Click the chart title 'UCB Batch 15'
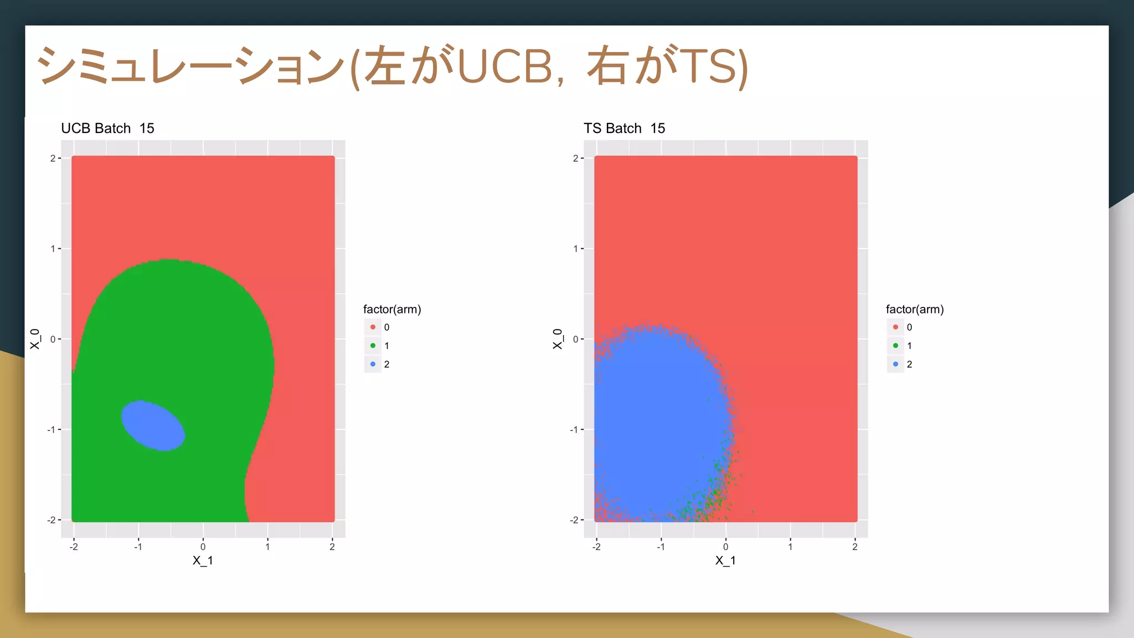click(107, 128)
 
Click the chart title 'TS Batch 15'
click(624, 128)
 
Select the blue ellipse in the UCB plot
click(153, 425)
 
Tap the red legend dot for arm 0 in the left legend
click(373, 327)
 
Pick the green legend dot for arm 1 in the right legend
click(895, 346)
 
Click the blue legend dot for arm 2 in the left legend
click(373, 364)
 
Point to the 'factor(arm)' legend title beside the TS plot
click(914, 310)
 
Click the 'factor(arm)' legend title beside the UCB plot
click(392, 310)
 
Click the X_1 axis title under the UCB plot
click(203, 560)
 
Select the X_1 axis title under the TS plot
click(725, 560)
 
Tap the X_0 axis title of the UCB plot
click(35, 339)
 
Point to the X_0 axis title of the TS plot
click(558, 339)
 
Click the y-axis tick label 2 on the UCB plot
click(53, 158)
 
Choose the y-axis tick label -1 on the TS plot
click(574, 430)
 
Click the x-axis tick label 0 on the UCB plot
click(203, 547)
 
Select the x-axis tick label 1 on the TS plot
click(790, 547)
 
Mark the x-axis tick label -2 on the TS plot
click(596, 547)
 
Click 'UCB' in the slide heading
click(505, 66)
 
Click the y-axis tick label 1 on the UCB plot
click(53, 249)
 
